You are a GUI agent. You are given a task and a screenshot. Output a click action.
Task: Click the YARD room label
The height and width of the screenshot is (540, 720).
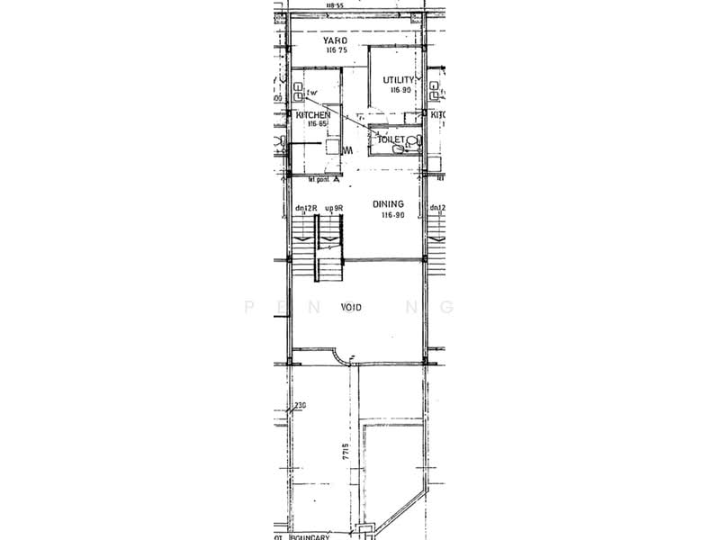click(337, 40)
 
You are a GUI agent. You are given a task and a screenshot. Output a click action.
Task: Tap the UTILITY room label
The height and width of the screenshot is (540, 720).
click(399, 80)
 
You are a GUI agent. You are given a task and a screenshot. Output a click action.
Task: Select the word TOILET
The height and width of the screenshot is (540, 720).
click(392, 140)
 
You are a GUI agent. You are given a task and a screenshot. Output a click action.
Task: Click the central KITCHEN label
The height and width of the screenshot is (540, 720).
click(313, 115)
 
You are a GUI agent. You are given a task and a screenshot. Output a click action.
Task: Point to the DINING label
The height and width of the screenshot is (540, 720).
click(389, 204)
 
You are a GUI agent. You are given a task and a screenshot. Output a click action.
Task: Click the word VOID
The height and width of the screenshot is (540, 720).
click(352, 307)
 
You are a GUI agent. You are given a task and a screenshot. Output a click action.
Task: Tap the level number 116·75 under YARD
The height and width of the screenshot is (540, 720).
click(337, 51)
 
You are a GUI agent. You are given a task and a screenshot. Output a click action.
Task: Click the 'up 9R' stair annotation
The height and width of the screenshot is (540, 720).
click(335, 208)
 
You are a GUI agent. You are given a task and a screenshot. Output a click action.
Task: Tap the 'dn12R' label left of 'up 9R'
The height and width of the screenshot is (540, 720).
click(305, 208)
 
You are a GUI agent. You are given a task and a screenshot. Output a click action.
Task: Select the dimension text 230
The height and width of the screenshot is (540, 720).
click(299, 406)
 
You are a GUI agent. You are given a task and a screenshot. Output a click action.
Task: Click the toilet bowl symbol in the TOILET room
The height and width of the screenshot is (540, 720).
click(414, 141)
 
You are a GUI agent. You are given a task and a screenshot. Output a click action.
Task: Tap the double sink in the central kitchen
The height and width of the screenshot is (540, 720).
click(298, 92)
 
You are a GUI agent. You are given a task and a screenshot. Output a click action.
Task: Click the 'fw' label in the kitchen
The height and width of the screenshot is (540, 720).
click(313, 93)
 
